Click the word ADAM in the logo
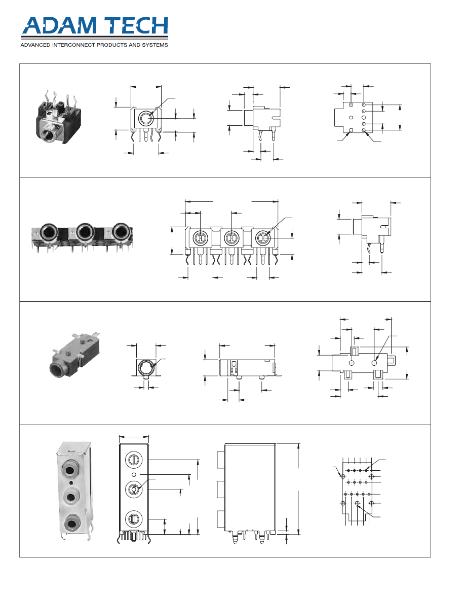click(x=60, y=26)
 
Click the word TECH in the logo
click(x=136, y=26)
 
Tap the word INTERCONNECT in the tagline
click(x=73, y=45)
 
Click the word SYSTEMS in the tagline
click(x=155, y=45)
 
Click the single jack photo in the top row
click(x=59, y=117)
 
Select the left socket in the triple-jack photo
click(x=48, y=231)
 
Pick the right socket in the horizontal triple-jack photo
click(x=121, y=231)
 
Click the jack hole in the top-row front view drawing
click(x=146, y=118)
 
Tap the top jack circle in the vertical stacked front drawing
click(x=133, y=460)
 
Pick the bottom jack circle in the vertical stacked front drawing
click(x=133, y=518)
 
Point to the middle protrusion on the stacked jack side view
click(x=221, y=489)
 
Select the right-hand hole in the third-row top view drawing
click(x=375, y=363)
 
